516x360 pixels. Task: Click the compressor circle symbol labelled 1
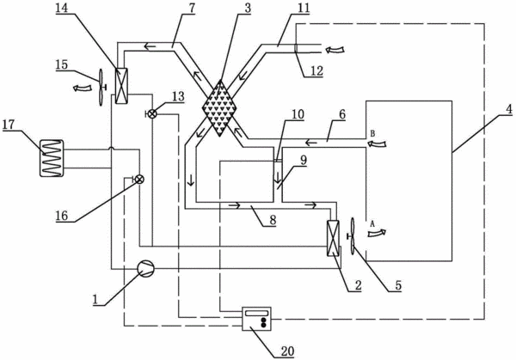(145, 268)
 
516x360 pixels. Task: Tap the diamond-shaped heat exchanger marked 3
(220, 108)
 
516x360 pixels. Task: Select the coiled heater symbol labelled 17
(52, 158)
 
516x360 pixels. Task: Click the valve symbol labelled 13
(151, 113)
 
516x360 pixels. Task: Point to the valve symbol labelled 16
(139, 180)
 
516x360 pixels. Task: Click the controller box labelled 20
(256, 319)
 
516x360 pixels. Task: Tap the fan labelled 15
(101, 87)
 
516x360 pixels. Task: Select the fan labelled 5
(352, 235)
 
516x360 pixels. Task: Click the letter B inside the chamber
(373, 134)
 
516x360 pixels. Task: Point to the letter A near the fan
(372, 223)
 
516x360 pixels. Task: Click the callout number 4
(509, 109)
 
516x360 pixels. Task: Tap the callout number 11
(304, 9)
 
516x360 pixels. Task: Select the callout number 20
(287, 351)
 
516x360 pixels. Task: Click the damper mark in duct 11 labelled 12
(295, 48)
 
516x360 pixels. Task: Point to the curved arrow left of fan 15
(83, 88)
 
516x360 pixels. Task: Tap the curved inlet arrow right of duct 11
(335, 50)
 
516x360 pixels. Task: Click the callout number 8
(273, 220)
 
